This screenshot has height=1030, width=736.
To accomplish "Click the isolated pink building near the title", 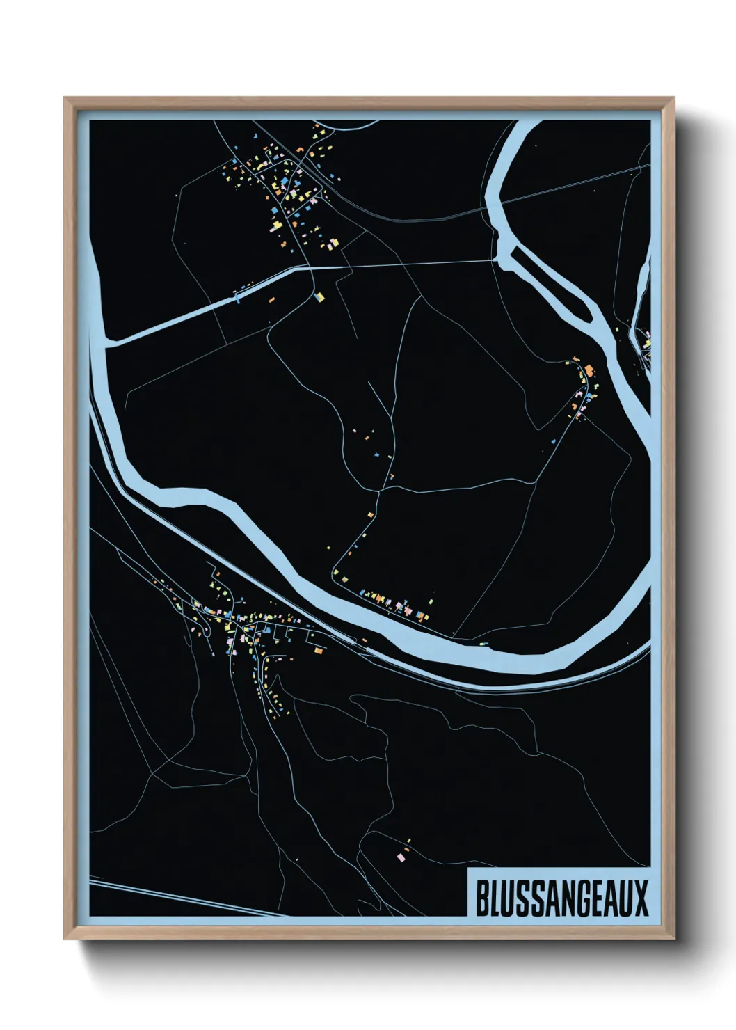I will pyautogui.click(x=401, y=857).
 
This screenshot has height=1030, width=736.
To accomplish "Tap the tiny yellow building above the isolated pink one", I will pyautogui.click(x=408, y=841).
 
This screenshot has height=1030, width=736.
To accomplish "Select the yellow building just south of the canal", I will pyautogui.click(x=320, y=297).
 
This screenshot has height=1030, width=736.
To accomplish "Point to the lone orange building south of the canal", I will pyautogui.click(x=272, y=299).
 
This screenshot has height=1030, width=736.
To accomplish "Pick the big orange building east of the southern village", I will pyautogui.click(x=319, y=651).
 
